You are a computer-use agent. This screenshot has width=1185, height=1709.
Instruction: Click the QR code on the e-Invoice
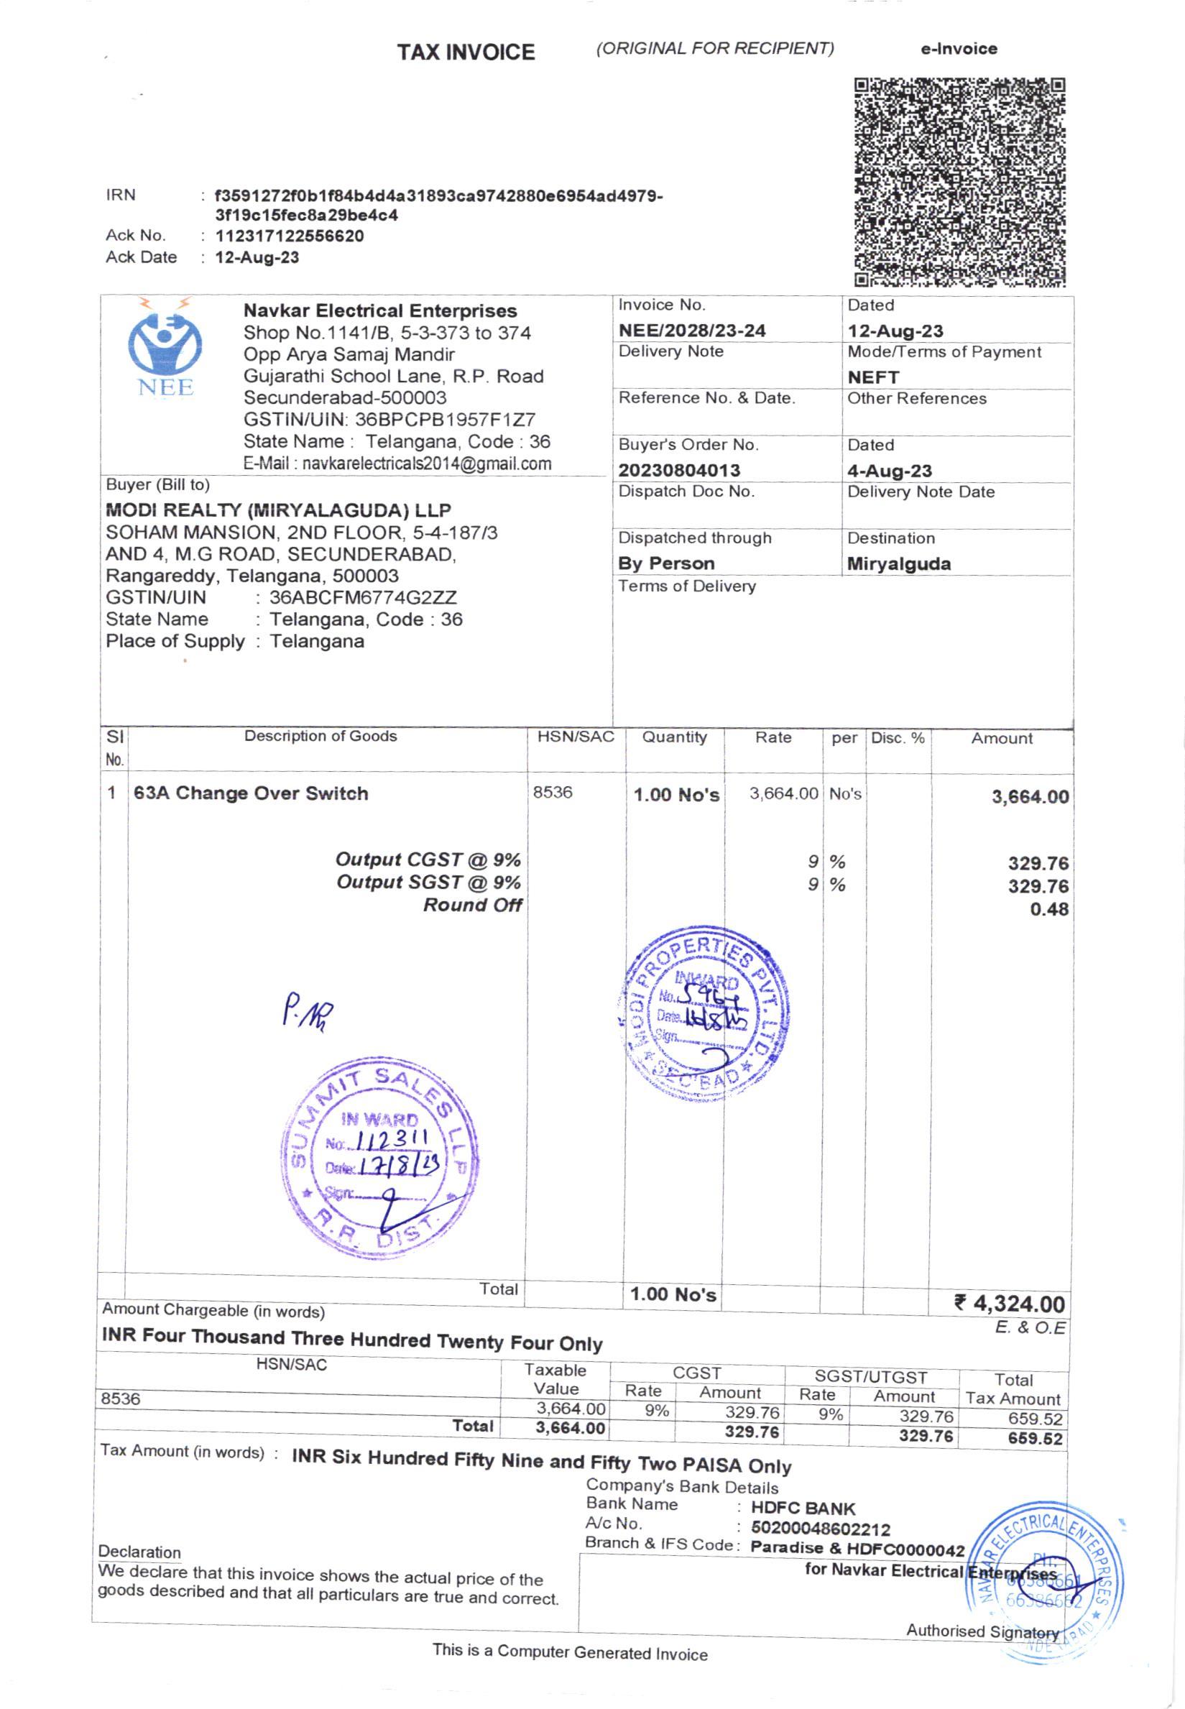(959, 182)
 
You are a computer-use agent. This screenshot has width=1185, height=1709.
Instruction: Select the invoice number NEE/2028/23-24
(691, 331)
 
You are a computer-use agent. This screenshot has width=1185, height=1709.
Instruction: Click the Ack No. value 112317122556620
(290, 236)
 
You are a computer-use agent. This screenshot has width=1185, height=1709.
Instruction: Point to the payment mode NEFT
(873, 377)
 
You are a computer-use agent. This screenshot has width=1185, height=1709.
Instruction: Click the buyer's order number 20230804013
(678, 470)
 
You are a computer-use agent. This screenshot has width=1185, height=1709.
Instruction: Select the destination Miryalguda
(898, 563)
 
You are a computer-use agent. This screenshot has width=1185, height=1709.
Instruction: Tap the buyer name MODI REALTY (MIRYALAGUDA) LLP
(278, 510)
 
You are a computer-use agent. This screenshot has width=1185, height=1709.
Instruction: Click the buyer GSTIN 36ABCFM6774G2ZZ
(363, 598)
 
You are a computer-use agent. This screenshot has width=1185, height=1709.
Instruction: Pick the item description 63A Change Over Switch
(251, 793)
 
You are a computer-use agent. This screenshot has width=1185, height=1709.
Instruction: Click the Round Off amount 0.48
(1048, 908)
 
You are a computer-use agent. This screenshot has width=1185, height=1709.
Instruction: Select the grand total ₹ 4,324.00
(1010, 1303)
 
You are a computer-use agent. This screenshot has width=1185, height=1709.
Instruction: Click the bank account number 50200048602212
(820, 1529)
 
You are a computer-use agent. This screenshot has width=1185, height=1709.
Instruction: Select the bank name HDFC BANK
(803, 1508)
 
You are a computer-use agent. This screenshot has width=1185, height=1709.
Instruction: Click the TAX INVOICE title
(466, 52)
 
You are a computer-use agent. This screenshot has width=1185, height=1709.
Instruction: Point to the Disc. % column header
(898, 738)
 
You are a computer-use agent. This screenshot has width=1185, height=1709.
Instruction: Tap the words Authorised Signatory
(982, 1631)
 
